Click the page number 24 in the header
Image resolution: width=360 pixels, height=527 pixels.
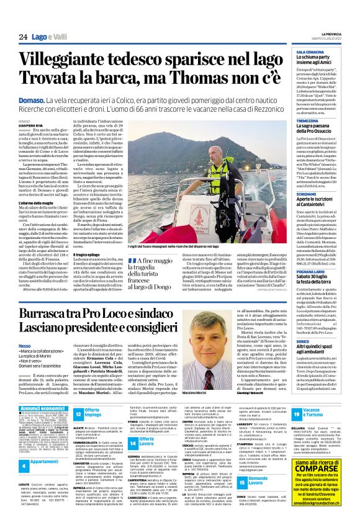23,37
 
